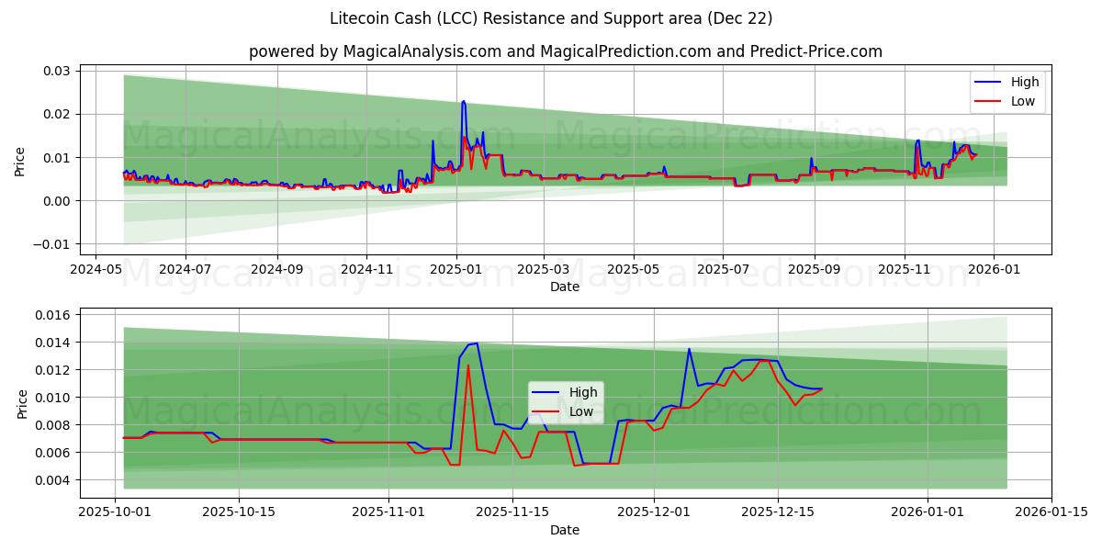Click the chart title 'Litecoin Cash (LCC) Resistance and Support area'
pos(551,18)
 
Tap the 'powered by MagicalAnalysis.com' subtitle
pos(565,51)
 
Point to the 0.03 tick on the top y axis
pos(58,71)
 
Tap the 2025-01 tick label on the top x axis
pos(456,270)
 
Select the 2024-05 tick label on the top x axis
pos(96,270)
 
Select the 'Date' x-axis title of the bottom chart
pos(565,530)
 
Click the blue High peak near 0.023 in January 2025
pos(464,101)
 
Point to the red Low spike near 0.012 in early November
pos(468,365)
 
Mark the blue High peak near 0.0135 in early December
pos(689,349)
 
